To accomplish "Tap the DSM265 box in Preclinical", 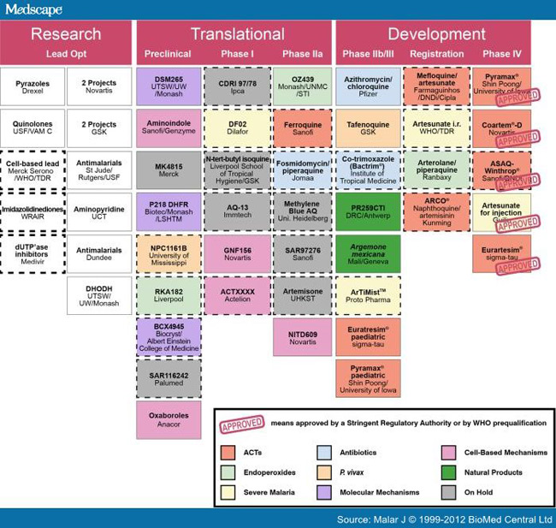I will tap(168, 86).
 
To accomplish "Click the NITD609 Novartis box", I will tap(302, 337).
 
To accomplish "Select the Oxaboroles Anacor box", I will tap(168, 420).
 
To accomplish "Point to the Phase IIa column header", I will tap(302, 54).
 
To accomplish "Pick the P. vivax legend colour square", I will tap(323, 472).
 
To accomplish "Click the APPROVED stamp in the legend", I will tap(242, 426).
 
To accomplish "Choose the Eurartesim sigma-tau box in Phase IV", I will tap(503, 253).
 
